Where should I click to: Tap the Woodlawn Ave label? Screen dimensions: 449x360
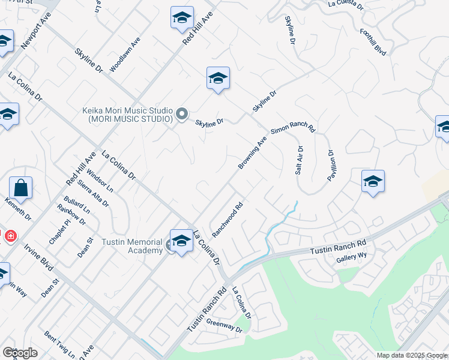125,55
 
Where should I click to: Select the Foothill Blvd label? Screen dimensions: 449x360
373,41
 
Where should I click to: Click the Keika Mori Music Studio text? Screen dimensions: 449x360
127,115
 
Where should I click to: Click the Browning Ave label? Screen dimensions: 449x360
252,154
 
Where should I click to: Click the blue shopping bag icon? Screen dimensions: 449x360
20,188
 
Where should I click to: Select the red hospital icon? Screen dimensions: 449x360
10,236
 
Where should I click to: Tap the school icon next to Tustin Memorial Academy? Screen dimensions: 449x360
181,241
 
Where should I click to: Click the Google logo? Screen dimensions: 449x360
20,352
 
